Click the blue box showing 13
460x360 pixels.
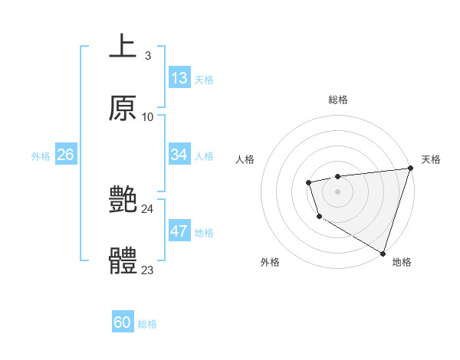coord(179,78)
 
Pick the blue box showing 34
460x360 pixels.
coord(179,155)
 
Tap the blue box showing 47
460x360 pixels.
coord(179,231)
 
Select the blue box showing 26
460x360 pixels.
coord(65,155)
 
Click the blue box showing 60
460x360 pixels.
coord(123,322)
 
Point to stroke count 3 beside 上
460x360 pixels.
coord(147,55)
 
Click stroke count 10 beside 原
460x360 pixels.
coord(147,116)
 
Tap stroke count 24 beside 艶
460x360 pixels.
coord(147,208)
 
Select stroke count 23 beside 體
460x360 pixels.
coord(147,270)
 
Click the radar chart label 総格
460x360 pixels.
coord(338,100)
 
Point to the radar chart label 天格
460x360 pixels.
coord(431,159)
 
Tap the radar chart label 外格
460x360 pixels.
coord(269,262)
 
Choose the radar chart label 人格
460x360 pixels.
coord(245,159)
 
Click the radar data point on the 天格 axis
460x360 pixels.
coord(410,169)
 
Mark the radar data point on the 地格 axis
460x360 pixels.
coord(383,252)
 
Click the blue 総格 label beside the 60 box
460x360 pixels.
coord(147,324)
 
